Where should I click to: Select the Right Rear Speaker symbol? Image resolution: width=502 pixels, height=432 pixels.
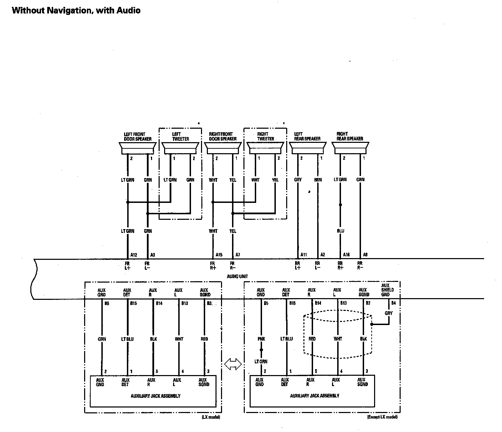coord(350,149)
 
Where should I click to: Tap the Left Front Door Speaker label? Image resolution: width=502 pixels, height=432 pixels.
coord(138,137)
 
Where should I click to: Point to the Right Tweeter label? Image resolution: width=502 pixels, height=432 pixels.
coord(265,136)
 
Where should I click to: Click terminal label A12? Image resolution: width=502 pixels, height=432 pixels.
coord(134,255)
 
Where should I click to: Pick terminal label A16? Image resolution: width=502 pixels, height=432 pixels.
coord(346,255)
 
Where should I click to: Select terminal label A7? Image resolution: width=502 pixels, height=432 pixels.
coord(238,255)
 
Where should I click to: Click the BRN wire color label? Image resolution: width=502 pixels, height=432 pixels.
coord(318,180)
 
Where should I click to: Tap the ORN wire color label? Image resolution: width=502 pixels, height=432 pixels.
coord(360,179)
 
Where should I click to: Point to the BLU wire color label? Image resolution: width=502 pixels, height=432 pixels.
coord(340,231)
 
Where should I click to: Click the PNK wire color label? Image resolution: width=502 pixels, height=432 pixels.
coord(261,339)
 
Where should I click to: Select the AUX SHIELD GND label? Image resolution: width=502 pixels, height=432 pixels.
coord(385,290)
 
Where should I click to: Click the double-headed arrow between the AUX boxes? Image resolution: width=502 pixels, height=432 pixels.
coord(233,364)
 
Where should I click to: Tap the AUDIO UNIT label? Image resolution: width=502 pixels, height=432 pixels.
coord(237,276)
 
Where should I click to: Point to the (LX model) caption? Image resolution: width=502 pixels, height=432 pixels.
coord(211,417)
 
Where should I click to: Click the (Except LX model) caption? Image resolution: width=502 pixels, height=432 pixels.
coord(382,417)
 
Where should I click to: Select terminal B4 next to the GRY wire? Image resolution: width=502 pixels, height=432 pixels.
coord(393,303)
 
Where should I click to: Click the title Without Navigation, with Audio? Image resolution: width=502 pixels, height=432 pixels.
coord(76,10)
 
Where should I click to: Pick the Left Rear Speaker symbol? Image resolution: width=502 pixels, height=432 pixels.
coord(307,149)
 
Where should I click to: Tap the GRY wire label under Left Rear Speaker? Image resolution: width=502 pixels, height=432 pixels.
coord(298,180)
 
